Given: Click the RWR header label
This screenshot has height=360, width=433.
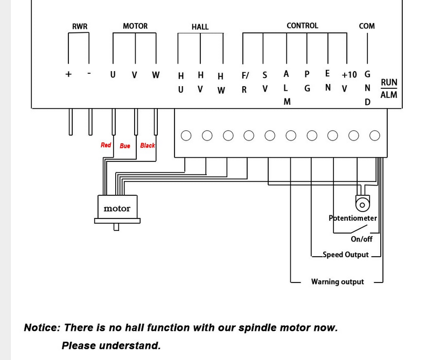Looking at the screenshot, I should (80, 26).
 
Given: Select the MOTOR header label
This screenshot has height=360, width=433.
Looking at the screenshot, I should (135, 26).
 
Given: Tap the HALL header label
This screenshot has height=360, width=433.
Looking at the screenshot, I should (200, 26).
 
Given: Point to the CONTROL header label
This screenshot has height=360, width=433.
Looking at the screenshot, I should (302, 25).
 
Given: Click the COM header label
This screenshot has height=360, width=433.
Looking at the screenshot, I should (367, 26).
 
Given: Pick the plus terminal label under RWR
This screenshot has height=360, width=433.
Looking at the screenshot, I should (68, 74).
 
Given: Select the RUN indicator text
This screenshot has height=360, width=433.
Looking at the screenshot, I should (389, 82).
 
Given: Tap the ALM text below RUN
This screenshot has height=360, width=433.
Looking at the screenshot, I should (389, 95).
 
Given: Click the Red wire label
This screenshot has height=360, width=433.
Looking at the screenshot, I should (106, 145).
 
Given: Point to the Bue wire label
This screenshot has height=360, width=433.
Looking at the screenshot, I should (125, 146).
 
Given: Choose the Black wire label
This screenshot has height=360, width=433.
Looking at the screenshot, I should (148, 145).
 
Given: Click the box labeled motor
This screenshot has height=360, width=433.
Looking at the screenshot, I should (117, 208).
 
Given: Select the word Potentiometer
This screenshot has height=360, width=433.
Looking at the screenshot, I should (353, 218).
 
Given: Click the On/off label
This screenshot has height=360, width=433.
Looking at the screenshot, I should (361, 239).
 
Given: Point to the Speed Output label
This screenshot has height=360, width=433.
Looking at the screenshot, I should (345, 255).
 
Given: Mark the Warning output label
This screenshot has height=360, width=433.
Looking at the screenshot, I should (337, 281).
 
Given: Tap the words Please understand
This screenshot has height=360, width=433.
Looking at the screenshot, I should (111, 345).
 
